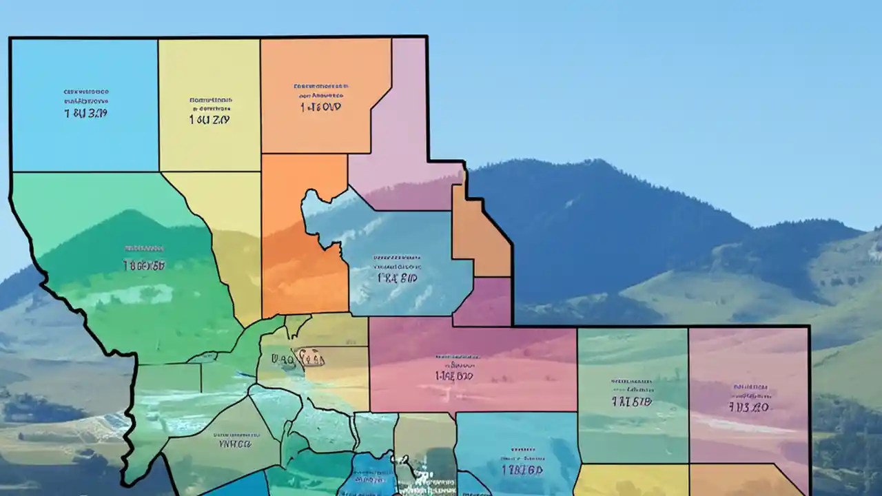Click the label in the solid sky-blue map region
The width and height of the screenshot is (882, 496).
(x=85, y=103)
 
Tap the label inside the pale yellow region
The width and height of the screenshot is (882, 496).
(x=209, y=110)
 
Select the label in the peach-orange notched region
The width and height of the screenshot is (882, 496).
(x=320, y=98)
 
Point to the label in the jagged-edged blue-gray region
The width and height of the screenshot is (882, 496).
(x=397, y=271)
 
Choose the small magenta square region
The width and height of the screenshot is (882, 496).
(x=482, y=302)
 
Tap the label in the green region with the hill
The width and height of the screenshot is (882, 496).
(x=143, y=257)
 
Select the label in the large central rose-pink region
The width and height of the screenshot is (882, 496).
(x=454, y=369)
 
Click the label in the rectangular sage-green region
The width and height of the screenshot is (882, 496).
(x=631, y=393)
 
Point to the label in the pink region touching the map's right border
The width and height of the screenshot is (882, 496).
(x=749, y=398)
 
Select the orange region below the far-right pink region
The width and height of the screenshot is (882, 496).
(x=748, y=480)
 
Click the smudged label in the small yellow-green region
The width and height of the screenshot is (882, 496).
(x=298, y=358)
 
